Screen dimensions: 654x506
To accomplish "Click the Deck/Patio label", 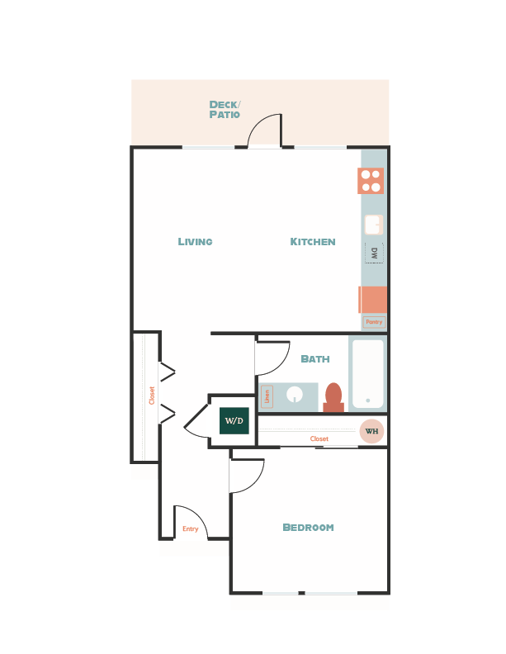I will coord(225,109).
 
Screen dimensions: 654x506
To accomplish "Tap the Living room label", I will coord(195,242).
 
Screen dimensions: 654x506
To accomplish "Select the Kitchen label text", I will coord(312,242).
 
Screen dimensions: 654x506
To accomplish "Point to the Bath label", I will coord(315,359).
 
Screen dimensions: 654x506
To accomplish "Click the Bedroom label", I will coord(308,528).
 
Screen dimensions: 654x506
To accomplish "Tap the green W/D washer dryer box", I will coord(234,420).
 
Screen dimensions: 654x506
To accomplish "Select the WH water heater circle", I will coord(371,431).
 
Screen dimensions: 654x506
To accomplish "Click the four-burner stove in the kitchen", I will coord(371,181).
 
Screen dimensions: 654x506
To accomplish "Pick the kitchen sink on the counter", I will coord(373,225).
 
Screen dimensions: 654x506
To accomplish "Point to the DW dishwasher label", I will coord(374,253).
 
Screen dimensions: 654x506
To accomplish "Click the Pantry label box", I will coord(374,322).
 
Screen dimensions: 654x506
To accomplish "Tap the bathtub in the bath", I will coord(368,373).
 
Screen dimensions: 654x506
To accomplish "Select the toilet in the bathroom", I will coord(333,397).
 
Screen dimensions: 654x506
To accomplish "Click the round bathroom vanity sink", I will coord(295,394).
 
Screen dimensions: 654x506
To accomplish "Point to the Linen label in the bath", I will coord(267,396).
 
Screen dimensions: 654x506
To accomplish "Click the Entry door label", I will coord(191,528).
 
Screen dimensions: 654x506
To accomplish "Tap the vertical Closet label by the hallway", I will coord(152,396).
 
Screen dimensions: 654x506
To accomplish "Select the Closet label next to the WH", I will coord(319,439).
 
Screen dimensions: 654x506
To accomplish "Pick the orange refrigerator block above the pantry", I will coord(373,300).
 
